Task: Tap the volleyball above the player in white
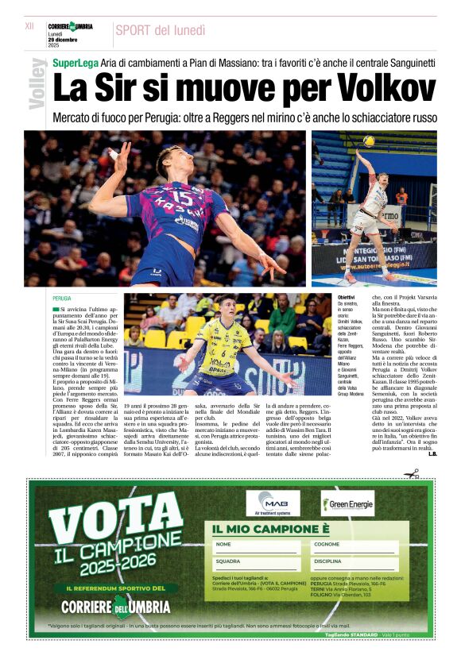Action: click(x=369, y=141)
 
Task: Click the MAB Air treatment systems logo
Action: click(x=273, y=503)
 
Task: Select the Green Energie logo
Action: click(x=347, y=503)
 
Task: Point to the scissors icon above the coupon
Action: click(x=411, y=474)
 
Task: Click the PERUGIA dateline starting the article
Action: click(x=62, y=299)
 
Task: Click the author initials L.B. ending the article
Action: click(x=432, y=453)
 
